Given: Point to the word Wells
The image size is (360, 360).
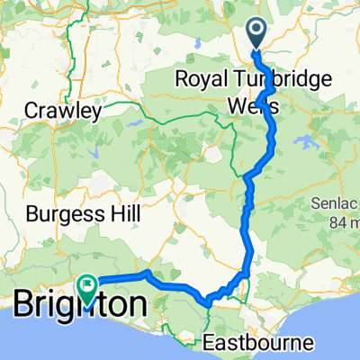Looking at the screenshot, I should coord(249,106).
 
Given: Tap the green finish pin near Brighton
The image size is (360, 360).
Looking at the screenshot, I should coord(87,286).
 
